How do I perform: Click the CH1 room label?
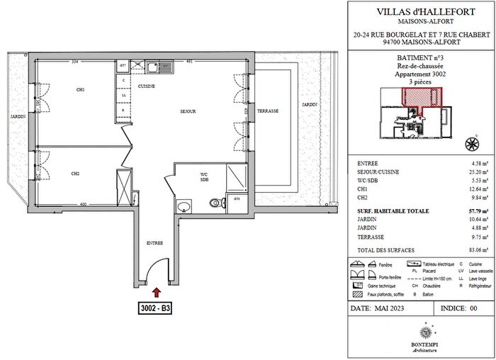pyautogui.click(x=81, y=90)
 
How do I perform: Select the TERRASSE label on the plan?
pyautogui.click(x=267, y=111)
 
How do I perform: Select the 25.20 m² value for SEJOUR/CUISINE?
pyautogui.click(x=470, y=171)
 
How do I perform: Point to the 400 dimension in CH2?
pyautogui.click(x=83, y=206)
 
